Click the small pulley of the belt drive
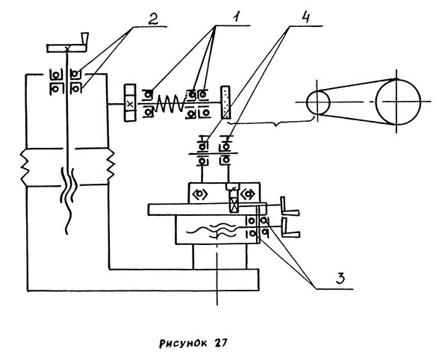[319, 102]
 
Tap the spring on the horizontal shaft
[172, 102]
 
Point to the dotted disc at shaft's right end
[225, 103]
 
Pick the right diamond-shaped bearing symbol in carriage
[248, 192]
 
